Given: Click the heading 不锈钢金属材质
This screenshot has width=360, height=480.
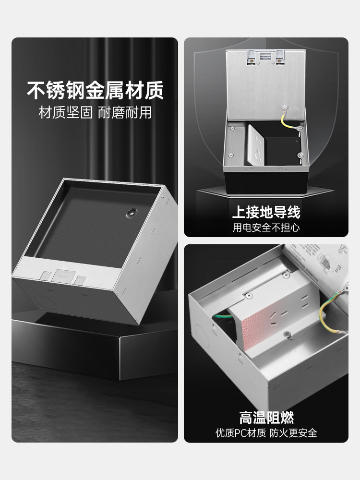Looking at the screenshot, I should tap(95, 90).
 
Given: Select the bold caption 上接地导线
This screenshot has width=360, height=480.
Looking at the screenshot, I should tap(266, 212).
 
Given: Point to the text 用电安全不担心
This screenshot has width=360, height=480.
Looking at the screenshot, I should tap(266, 227).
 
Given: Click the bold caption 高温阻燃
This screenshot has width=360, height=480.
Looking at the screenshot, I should tap(266, 417).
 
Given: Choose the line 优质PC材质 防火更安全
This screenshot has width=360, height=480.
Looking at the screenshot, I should tap(266, 433).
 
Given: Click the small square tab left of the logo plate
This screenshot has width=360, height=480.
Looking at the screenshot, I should tap(46, 276).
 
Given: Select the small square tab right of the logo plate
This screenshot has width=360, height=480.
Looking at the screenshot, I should tap(81, 279).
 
